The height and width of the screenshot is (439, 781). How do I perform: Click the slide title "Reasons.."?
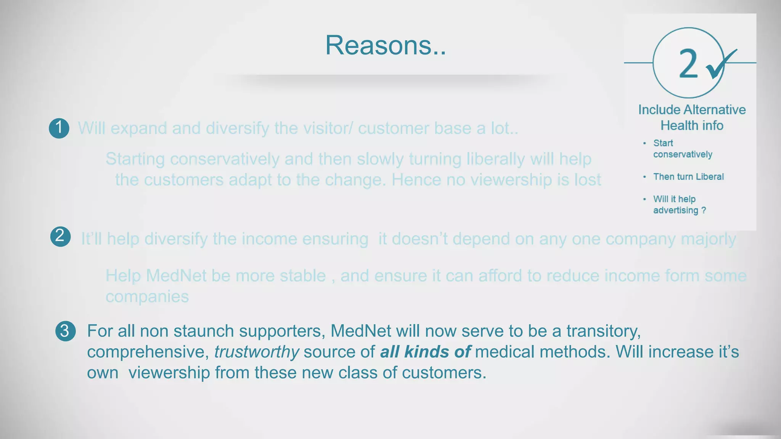[385, 45]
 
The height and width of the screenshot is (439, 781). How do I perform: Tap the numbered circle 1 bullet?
[59, 128]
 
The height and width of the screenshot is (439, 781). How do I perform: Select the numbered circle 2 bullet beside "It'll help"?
[60, 237]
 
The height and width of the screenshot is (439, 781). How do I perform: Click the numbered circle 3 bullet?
[65, 331]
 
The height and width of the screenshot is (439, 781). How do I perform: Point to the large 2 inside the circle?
[688, 64]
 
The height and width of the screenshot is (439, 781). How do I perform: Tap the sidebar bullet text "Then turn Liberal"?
[688, 177]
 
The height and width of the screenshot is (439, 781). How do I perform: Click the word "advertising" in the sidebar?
[675, 210]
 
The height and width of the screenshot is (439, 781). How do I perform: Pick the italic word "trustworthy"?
[257, 352]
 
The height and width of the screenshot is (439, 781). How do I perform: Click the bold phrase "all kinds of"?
[425, 352]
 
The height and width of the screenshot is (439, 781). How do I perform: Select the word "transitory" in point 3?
[603, 331]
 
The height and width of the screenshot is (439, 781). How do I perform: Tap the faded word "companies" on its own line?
[147, 297]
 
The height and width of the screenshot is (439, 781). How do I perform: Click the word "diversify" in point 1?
[237, 128]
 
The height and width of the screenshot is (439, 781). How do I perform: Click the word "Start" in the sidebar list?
[663, 143]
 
